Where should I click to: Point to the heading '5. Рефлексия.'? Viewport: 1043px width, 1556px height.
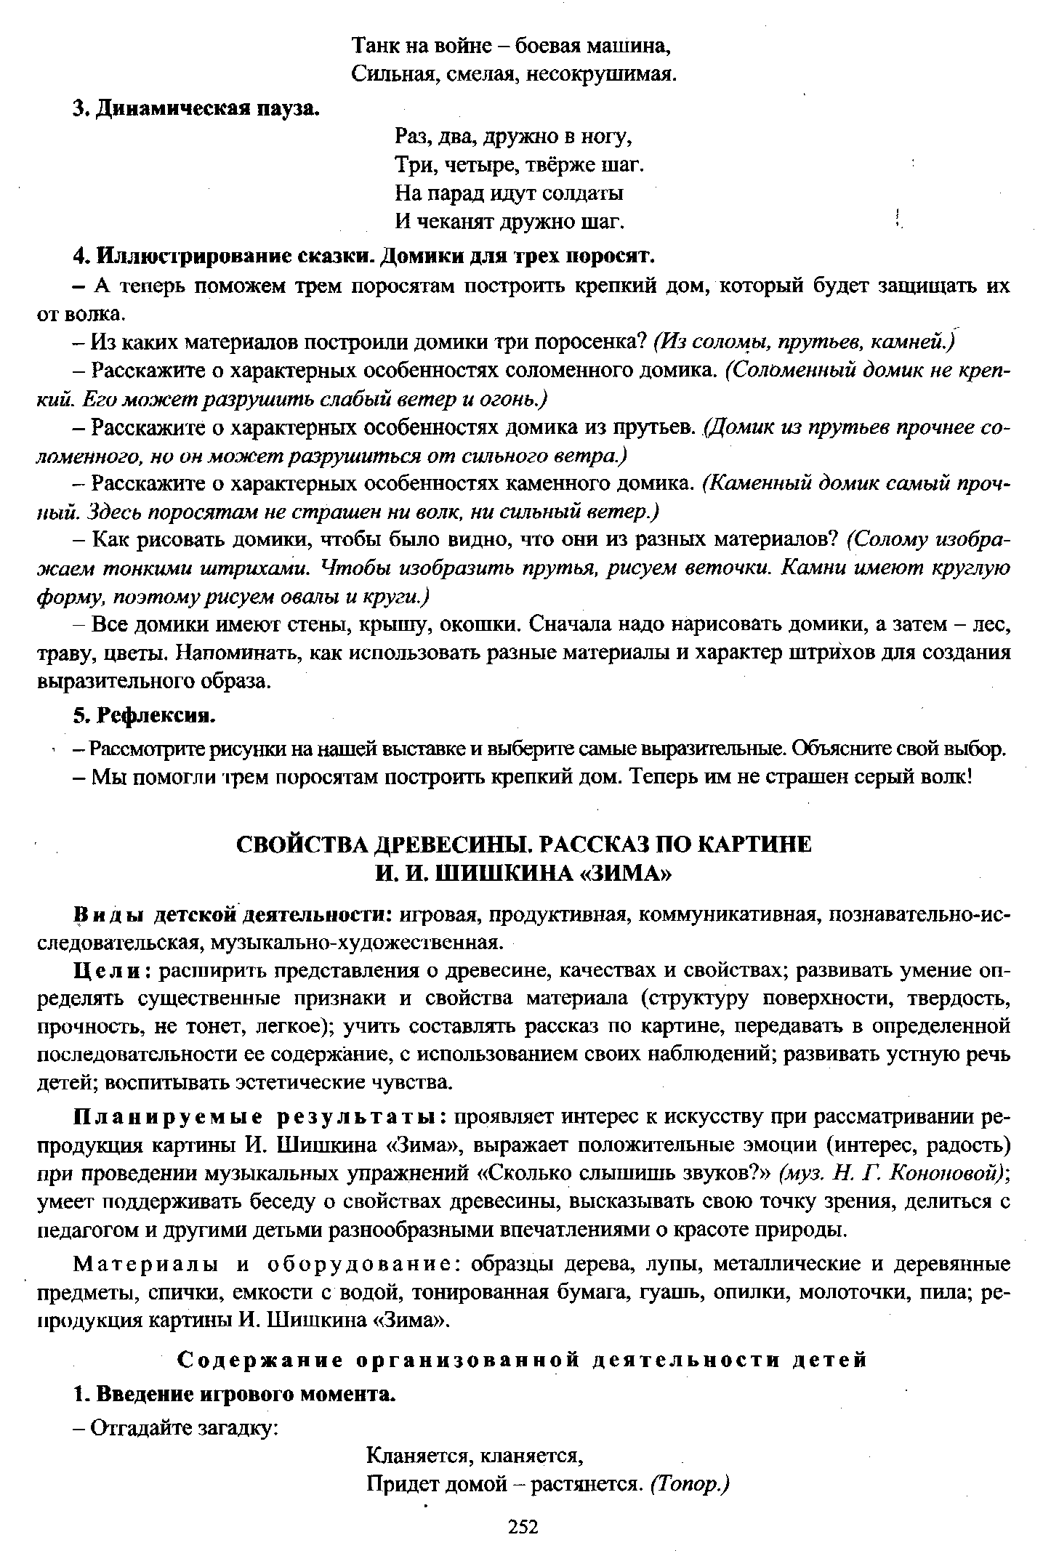(145, 716)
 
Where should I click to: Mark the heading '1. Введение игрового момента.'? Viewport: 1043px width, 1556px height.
(235, 1394)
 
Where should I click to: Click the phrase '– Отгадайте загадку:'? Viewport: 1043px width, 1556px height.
(177, 1428)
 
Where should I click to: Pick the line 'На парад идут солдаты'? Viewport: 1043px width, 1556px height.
(509, 193)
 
